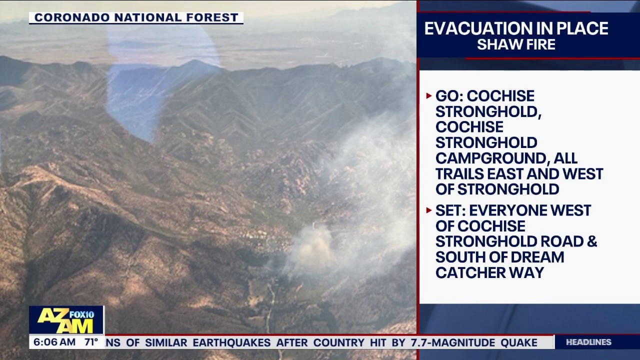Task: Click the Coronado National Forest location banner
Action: click(x=136, y=17)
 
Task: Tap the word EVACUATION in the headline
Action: click(x=476, y=28)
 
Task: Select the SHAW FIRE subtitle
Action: click(x=516, y=44)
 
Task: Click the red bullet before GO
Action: click(x=429, y=95)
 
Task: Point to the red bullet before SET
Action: click(x=429, y=210)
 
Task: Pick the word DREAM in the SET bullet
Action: click(x=540, y=257)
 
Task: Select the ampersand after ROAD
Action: click(x=591, y=241)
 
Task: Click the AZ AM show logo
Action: click(x=66, y=320)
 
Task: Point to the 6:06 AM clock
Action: click(x=54, y=342)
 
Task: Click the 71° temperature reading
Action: click(x=91, y=342)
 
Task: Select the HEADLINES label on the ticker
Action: click(x=588, y=342)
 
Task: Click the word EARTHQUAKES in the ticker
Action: click(x=231, y=342)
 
